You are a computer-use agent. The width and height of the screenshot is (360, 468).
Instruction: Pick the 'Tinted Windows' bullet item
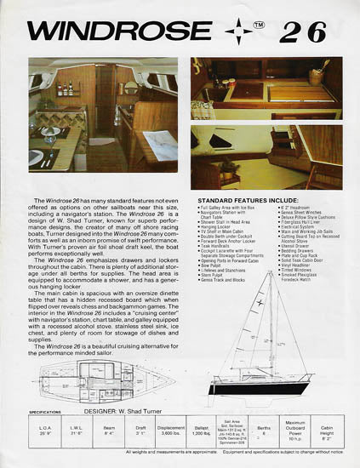pos(292,273)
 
